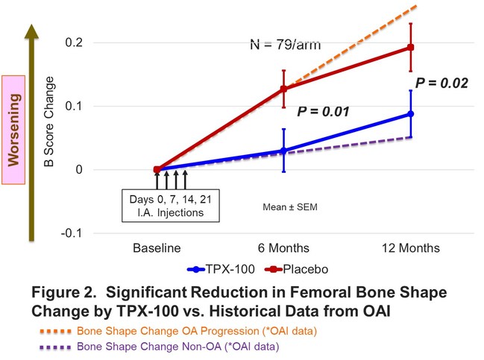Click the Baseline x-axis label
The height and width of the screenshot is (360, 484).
157,248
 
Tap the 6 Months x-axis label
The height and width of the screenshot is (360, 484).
283,248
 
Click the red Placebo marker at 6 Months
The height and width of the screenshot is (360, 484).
284,89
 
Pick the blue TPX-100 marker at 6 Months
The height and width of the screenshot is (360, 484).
284,151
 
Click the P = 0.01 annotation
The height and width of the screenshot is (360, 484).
324,113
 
